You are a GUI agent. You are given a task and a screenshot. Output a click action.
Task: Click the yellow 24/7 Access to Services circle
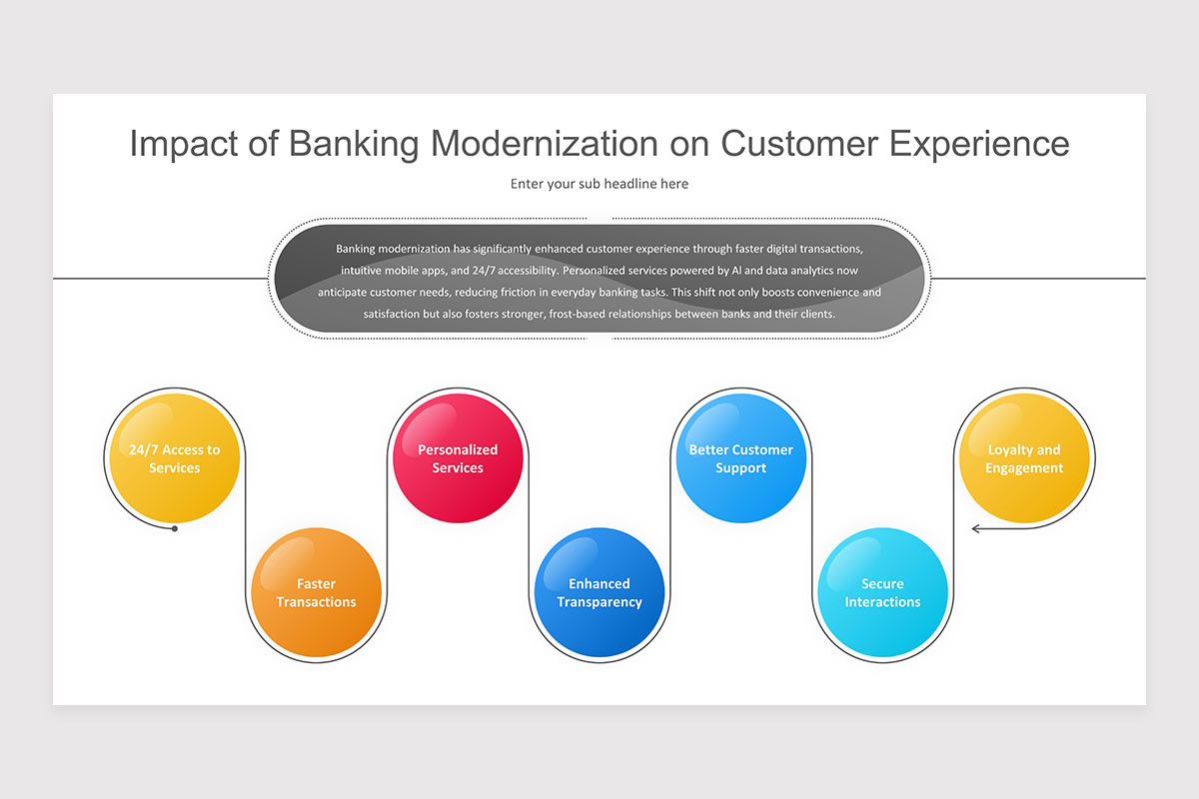coord(175,458)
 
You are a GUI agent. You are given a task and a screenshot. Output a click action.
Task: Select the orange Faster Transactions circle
coord(316,592)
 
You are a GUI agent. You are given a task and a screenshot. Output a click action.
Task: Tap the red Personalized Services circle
coord(458,458)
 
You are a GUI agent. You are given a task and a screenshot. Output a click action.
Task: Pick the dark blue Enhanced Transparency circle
coord(599,592)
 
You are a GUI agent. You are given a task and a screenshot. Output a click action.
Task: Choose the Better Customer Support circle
coord(740,458)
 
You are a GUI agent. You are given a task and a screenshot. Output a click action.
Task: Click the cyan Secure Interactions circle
coord(882,592)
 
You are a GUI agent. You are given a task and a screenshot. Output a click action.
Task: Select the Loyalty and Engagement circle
coord(1023,458)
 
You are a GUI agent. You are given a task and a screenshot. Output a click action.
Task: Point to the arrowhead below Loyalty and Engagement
coord(976,528)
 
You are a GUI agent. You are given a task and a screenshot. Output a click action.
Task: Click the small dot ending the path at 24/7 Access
coord(175,528)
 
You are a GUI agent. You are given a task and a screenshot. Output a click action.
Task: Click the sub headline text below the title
coord(599,184)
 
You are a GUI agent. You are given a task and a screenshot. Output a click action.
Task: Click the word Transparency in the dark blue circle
coord(599,602)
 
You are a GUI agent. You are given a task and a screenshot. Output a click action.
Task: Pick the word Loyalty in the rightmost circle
coord(1010,449)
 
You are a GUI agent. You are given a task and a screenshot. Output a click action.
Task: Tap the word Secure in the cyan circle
coord(882,583)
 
